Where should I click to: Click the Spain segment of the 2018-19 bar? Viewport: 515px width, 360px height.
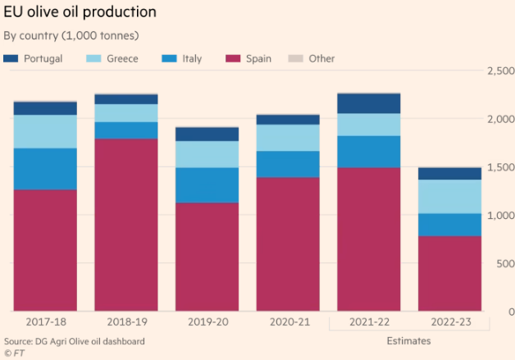tap(125, 226)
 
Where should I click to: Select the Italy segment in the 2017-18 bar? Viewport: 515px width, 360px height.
tap(45, 169)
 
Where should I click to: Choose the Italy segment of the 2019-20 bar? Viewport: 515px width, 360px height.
tap(206, 185)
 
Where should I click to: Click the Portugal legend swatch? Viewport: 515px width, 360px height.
tap(11, 59)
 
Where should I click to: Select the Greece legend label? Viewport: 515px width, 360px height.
tap(122, 59)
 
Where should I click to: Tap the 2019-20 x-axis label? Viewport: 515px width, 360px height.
tap(206, 322)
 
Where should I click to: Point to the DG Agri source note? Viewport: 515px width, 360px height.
tap(75, 340)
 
